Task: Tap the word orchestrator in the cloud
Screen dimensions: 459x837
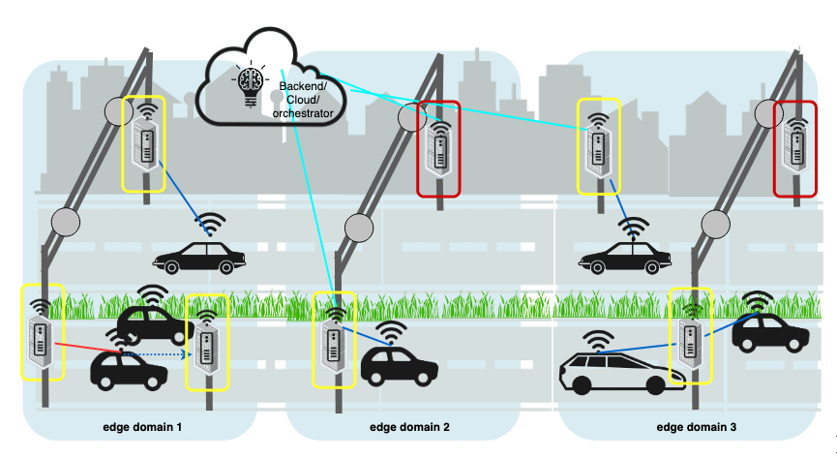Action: [x=304, y=114]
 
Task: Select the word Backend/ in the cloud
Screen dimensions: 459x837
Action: [x=304, y=86]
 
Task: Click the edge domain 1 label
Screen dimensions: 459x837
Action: [x=142, y=427]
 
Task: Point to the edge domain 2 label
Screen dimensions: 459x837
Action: [x=409, y=427]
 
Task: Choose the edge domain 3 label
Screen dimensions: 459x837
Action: [x=696, y=427]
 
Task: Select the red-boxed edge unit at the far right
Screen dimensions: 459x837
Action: [x=796, y=147]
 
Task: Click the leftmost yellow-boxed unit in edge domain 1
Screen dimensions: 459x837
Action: [x=40, y=332]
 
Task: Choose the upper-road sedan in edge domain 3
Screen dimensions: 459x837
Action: [x=625, y=257]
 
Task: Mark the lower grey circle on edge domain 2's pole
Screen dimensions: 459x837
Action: [x=360, y=229]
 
